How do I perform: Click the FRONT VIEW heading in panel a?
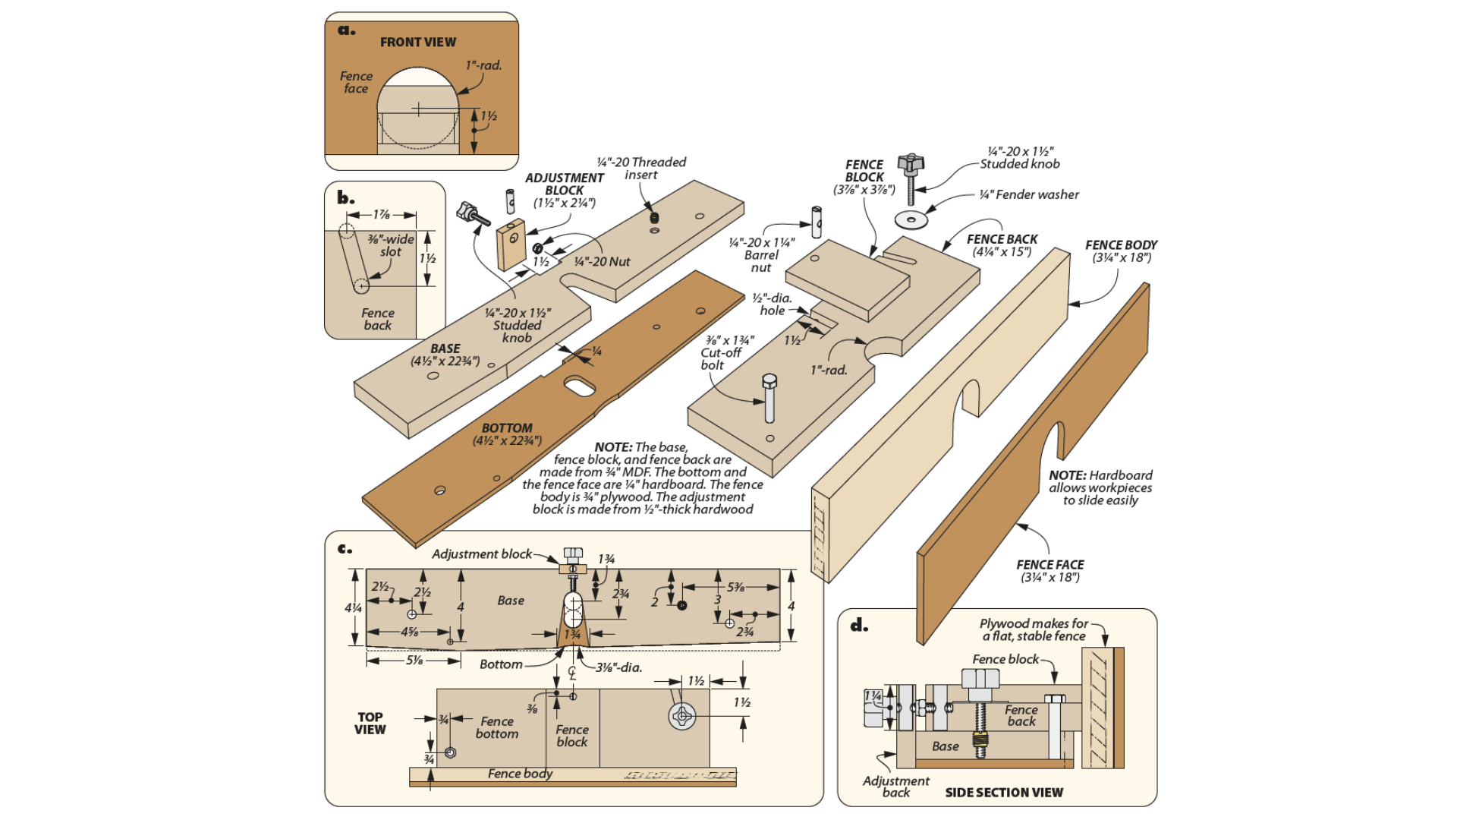coord(418,43)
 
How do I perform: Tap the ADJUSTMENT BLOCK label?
coord(565,184)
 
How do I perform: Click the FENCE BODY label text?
coord(1121,245)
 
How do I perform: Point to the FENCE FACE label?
coord(1050,565)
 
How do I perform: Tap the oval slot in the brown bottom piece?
coord(581,386)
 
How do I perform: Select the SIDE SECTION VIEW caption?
coord(1003,793)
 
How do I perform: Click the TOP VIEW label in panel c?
coord(370,723)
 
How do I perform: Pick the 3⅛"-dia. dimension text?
coord(618,668)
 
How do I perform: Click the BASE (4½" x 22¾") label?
coord(445,355)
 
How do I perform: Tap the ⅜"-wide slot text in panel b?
coord(391,245)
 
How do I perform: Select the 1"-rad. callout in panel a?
coord(483,65)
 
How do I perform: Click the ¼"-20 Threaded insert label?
coord(641,169)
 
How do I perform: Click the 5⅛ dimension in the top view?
coord(414,661)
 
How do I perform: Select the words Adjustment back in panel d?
coord(895,787)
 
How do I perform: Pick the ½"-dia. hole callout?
coord(772,304)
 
